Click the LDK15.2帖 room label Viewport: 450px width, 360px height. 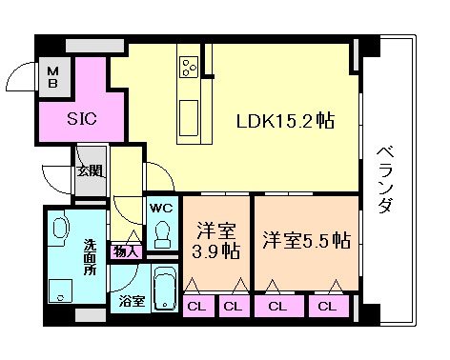[x=285, y=123]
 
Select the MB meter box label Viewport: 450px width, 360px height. [x=53, y=76]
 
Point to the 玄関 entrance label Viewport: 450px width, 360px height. [x=91, y=171]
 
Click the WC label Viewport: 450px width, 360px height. [x=159, y=206]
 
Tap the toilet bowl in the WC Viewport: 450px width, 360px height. [x=162, y=232]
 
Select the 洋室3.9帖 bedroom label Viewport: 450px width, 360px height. [x=216, y=241]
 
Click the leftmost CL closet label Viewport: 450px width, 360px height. [x=194, y=306]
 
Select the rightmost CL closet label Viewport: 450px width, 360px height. [x=327, y=306]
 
